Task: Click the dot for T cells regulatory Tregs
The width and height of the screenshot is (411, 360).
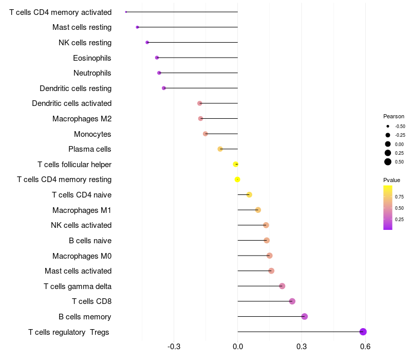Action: click(363, 332)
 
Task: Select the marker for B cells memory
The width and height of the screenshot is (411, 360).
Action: click(305, 316)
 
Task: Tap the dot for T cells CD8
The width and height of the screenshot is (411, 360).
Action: click(292, 301)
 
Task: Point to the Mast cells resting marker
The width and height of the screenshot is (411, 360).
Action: click(137, 27)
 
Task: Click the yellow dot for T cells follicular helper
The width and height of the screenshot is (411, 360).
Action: click(236, 164)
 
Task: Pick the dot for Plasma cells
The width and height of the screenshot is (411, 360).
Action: click(220, 149)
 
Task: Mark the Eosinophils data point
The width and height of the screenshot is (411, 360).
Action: click(157, 58)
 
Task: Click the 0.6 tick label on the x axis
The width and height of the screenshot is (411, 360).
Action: click(365, 346)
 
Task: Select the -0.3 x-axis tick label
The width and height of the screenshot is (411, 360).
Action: click(174, 346)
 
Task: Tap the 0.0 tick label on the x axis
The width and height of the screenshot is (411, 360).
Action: click(238, 346)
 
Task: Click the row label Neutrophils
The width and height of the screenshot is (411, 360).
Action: click(92, 73)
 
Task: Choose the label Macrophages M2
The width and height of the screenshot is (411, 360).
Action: click(82, 119)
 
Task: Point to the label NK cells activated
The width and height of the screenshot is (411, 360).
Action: click(81, 225)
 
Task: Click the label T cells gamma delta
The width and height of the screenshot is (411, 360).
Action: click(78, 286)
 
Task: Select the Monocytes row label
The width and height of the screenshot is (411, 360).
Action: click(92, 134)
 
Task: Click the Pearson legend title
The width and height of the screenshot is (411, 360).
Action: click(394, 116)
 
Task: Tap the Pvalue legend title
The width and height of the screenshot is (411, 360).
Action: click(391, 180)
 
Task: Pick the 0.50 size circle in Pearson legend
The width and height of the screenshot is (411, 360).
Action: click(388, 162)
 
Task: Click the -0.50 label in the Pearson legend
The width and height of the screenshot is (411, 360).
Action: click(400, 127)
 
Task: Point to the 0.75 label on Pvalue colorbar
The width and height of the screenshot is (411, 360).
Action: click(399, 196)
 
